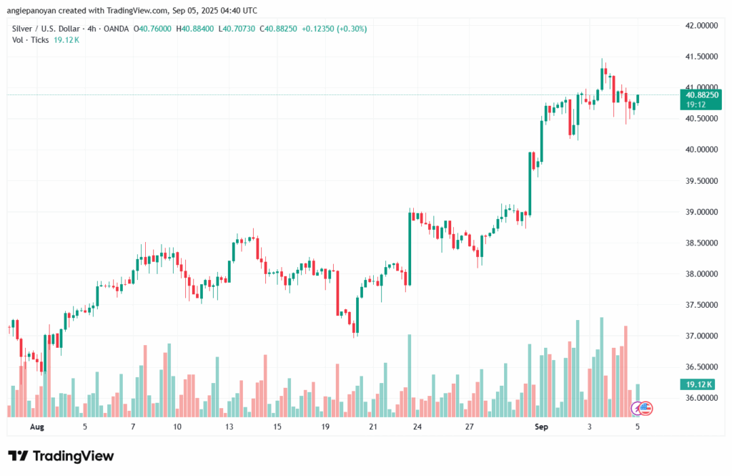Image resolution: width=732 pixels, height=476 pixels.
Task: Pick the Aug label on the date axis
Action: click(x=38, y=427)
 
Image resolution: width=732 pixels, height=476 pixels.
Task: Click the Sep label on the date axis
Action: click(x=541, y=427)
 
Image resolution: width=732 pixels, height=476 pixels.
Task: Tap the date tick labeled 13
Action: click(x=229, y=427)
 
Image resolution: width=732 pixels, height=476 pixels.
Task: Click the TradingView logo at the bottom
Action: click(x=61, y=456)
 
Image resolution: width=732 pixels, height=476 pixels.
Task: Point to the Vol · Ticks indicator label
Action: click(x=30, y=40)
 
